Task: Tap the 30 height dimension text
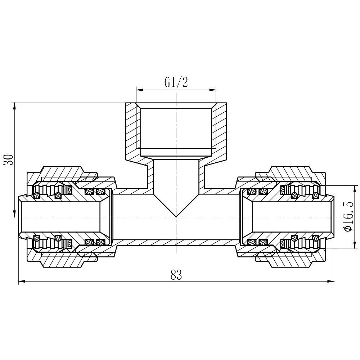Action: pos(9,159)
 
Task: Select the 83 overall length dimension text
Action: pos(176,275)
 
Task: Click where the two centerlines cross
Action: pos(176,217)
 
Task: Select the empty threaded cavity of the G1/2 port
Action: pos(176,130)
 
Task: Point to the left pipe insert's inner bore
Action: pos(61,217)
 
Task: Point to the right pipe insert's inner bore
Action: pos(292,217)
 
